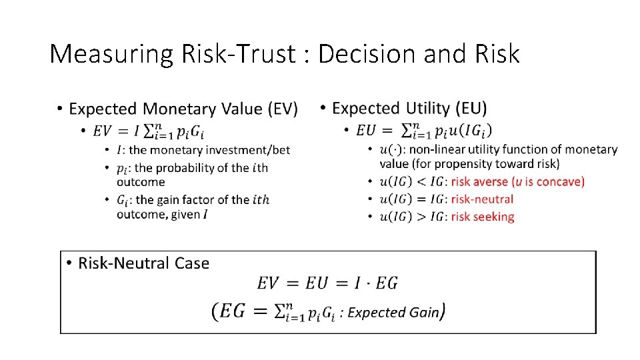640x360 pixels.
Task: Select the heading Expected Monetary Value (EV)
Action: coord(183,109)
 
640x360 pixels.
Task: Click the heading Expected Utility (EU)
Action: coord(409,108)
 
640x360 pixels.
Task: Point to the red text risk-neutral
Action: coord(482,199)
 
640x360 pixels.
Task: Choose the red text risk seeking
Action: coord(483,217)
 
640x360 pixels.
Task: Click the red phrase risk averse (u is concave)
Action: coord(517,182)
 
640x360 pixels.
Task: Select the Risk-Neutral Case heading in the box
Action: coord(143,263)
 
